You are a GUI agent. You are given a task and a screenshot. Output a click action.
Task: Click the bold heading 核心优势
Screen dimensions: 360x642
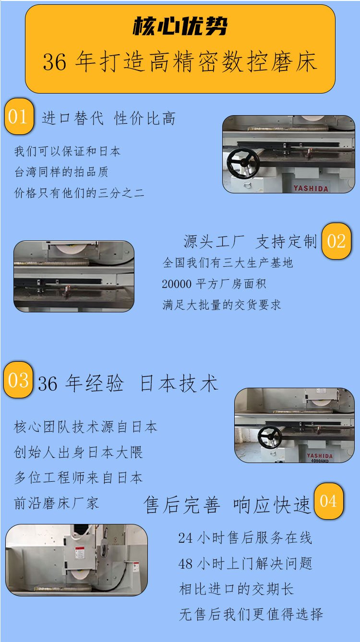point(180,26)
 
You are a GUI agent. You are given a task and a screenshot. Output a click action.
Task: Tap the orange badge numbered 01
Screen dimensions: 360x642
point(19,117)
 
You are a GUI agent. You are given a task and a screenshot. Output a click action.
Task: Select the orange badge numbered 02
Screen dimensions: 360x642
point(336,241)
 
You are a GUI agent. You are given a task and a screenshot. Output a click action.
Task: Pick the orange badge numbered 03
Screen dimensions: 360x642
point(18,380)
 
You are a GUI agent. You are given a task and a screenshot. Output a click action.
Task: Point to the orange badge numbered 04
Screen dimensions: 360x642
point(328,501)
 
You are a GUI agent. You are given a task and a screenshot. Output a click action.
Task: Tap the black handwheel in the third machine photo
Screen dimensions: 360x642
point(270,438)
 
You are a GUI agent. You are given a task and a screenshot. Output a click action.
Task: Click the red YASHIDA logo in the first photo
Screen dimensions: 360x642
point(311,188)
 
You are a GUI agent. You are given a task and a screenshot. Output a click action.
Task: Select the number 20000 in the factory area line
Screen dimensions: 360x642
point(177,284)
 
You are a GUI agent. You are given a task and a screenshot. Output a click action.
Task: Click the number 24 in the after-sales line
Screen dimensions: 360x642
point(185,538)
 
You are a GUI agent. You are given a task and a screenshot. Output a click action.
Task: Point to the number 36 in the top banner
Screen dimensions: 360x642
point(54,62)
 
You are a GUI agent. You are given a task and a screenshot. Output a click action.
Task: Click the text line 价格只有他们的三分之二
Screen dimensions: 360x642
point(79,193)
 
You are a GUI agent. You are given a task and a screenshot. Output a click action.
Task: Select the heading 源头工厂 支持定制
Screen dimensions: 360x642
point(250,241)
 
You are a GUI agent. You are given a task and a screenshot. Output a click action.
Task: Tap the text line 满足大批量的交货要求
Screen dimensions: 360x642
point(222,305)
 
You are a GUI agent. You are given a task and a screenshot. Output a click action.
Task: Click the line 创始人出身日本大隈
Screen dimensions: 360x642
point(78,452)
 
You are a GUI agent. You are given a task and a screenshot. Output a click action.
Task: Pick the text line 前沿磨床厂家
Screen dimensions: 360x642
point(57,503)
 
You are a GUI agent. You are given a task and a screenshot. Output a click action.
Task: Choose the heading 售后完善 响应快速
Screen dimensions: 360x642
point(227,505)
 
